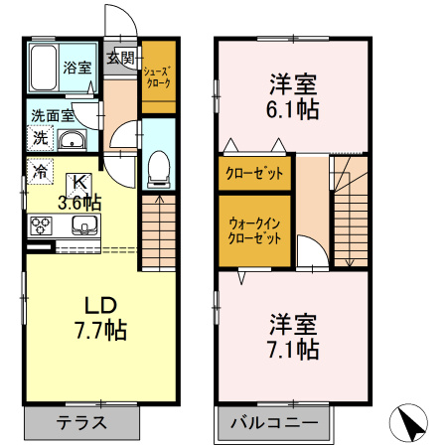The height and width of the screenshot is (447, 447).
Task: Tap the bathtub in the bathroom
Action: [44, 70]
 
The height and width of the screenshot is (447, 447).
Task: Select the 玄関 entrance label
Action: [122, 57]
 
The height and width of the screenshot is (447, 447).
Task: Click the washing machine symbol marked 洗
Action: [39, 138]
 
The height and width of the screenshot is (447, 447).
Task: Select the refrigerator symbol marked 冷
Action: [39, 172]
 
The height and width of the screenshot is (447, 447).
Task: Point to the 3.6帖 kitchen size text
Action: [78, 203]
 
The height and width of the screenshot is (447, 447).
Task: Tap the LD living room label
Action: [97, 303]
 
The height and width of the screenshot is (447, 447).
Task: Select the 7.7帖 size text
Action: [97, 329]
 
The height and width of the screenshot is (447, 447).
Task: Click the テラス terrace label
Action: [81, 421]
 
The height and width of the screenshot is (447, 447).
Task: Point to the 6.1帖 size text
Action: [293, 110]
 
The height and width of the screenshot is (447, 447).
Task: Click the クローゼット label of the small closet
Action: [254, 173]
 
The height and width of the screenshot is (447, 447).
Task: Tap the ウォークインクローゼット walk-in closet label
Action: [254, 231]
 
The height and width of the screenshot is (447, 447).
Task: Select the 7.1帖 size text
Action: [293, 349]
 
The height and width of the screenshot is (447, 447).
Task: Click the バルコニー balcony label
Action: [274, 422]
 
